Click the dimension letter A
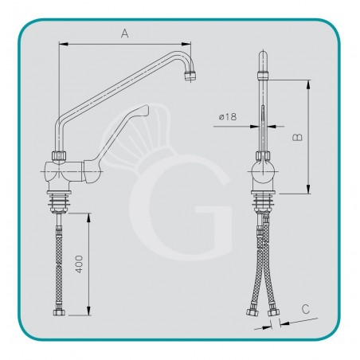pos(125,33)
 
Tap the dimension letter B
pos(297,137)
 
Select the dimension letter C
pos(306,309)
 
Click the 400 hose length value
pos(79,264)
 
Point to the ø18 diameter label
pos(228,116)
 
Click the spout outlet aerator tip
pos(190,76)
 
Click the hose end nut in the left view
pos(59,312)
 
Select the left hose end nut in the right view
pos(252,312)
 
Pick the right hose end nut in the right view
pos(273,313)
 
